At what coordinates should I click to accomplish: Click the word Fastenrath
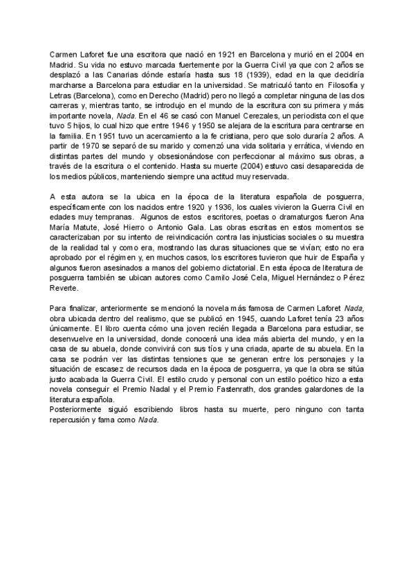[241, 392]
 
